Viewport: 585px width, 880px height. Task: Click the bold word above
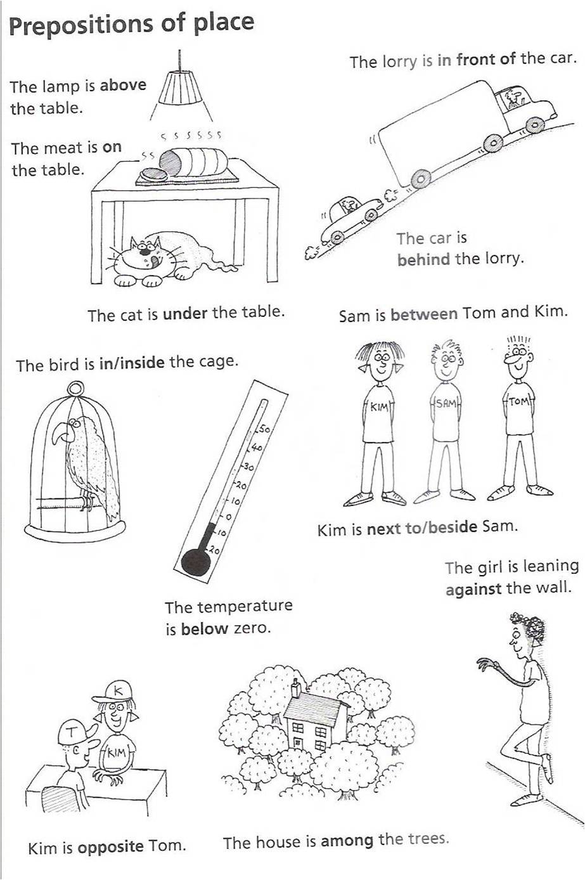(x=123, y=85)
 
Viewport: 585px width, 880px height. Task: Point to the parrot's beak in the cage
(x=61, y=432)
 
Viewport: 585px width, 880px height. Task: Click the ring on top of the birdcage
(x=75, y=389)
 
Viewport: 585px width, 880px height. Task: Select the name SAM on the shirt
(x=445, y=403)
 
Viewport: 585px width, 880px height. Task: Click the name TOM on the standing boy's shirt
(x=519, y=401)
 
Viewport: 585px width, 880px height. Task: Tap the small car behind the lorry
(x=350, y=218)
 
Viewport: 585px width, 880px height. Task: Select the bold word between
(x=424, y=314)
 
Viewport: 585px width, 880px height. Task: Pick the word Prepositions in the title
(x=81, y=25)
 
